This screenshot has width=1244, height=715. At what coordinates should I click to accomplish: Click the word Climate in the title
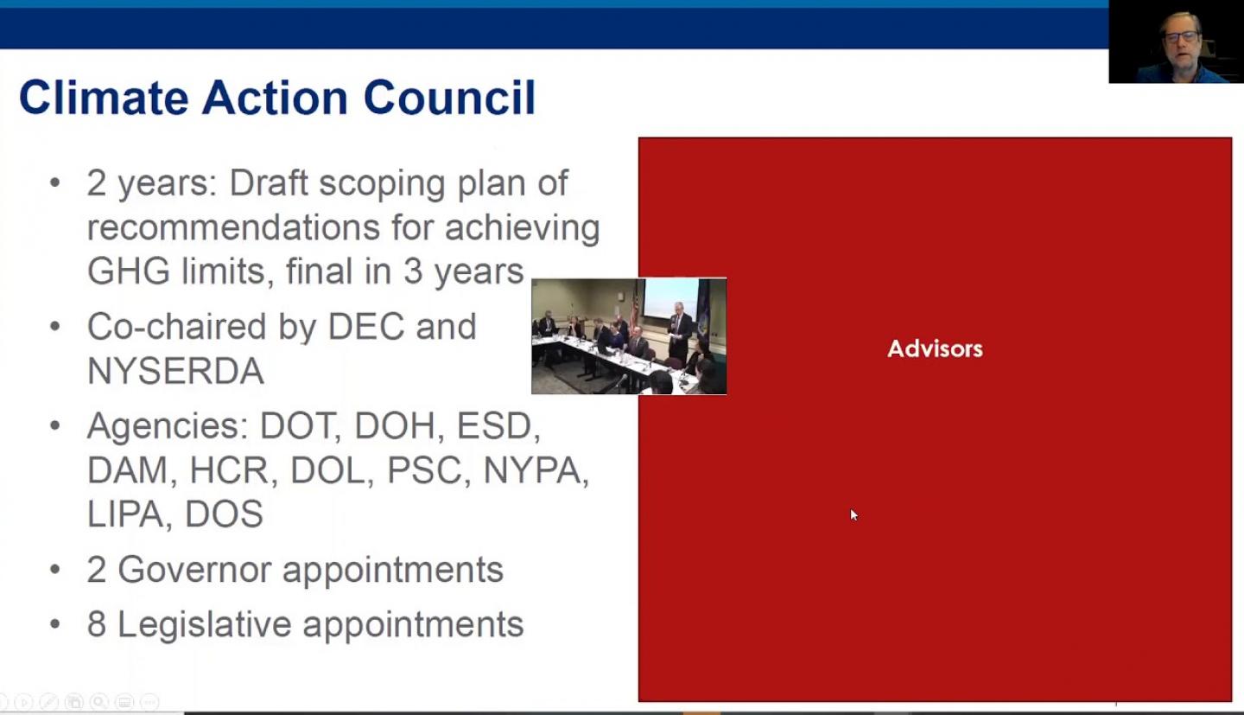[104, 98]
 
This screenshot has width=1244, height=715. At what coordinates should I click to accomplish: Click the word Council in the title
[449, 98]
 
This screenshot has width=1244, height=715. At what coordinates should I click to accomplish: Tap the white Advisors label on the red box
[936, 348]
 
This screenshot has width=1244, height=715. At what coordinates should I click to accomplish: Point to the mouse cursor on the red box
[854, 514]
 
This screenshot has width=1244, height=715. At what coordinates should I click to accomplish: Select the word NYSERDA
[175, 371]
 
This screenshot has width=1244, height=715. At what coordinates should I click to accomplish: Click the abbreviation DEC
[366, 326]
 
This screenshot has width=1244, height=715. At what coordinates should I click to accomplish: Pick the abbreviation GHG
[128, 271]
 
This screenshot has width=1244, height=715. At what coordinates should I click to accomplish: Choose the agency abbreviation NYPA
[536, 470]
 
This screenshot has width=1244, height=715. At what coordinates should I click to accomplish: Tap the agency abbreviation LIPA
[126, 514]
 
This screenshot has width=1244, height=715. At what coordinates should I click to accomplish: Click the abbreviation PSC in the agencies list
[423, 470]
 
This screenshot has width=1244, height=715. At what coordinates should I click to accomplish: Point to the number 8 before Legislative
[97, 624]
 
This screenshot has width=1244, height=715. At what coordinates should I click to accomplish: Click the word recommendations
[234, 227]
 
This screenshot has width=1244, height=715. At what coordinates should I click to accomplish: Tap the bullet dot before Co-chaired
[55, 326]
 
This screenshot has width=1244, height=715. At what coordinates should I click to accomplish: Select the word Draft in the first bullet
[269, 183]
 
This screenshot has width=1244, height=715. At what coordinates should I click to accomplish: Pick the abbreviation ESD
[498, 426]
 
